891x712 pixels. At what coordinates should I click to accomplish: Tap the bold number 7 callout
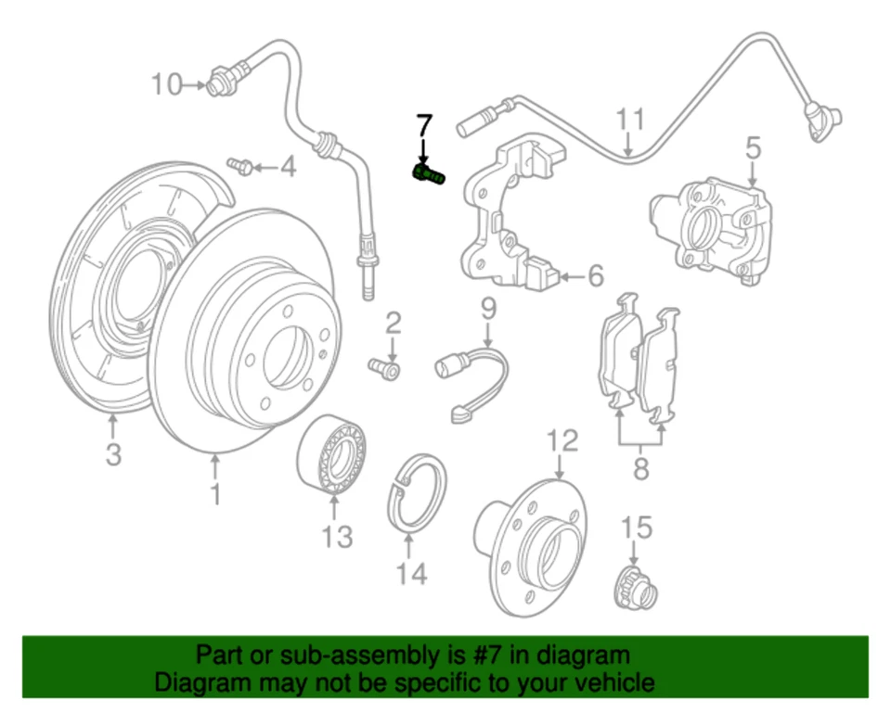424,126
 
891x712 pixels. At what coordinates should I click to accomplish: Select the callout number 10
168,85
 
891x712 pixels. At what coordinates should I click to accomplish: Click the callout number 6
595,275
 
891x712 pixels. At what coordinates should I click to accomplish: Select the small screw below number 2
386,369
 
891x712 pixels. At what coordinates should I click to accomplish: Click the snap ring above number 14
416,495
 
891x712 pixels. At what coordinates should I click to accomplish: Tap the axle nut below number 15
638,588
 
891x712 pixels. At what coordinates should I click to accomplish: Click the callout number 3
112,455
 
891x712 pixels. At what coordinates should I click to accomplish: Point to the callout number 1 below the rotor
215,494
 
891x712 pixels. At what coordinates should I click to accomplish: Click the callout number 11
630,121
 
